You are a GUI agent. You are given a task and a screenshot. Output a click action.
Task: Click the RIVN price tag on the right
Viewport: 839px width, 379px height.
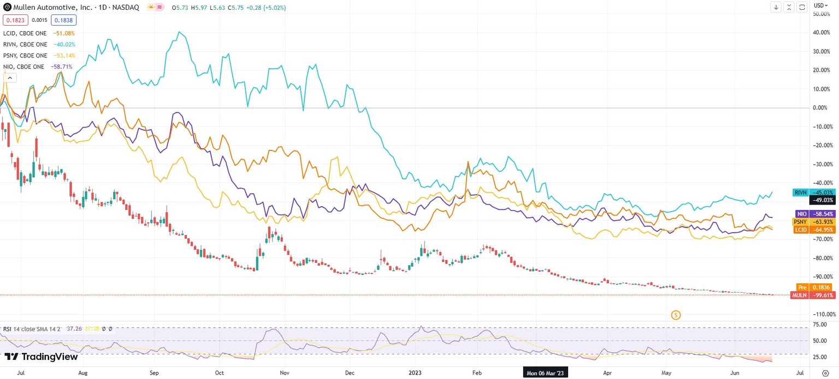(813, 193)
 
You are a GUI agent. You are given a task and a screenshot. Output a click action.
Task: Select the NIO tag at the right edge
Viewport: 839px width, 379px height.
(813, 214)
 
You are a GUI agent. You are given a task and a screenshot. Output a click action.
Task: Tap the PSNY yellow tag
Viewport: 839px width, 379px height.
(813, 222)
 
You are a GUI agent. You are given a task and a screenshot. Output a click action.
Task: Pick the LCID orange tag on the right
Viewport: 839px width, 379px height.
(813, 230)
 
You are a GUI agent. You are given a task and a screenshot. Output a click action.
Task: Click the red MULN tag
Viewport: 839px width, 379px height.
(813, 295)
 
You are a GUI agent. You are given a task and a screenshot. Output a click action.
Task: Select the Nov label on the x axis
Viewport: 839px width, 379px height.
(284, 373)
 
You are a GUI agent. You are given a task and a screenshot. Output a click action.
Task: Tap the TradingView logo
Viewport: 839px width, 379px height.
(42, 357)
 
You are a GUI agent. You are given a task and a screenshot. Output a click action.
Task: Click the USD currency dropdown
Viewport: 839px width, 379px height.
(821, 5)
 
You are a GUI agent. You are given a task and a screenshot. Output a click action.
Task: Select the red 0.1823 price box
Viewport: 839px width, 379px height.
(15, 20)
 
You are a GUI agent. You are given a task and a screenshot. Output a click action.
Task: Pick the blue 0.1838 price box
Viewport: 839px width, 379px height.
(64, 20)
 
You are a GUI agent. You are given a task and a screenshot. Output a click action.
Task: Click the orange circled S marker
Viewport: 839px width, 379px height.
(676, 314)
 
